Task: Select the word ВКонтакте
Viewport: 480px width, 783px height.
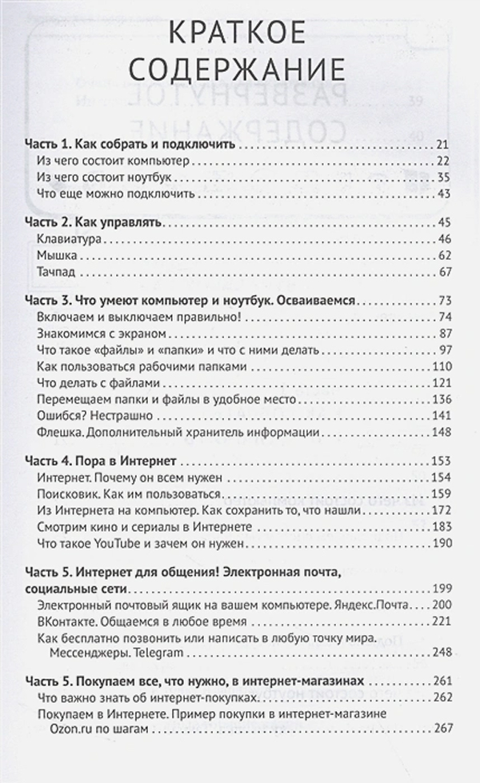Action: click(x=66, y=620)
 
